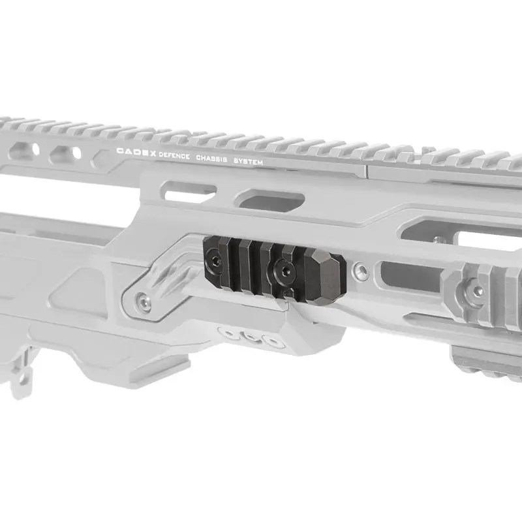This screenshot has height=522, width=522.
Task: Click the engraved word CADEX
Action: click(136, 152)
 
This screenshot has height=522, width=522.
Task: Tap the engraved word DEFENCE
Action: click(174, 155)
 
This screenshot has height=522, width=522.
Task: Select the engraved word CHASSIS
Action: click(211, 158)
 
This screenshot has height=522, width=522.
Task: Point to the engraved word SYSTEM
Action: click(248, 161)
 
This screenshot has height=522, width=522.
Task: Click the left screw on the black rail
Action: click(213, 258)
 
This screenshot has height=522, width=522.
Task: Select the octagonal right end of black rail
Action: click(325, 273)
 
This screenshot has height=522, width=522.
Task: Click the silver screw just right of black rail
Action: click(361, 269)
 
